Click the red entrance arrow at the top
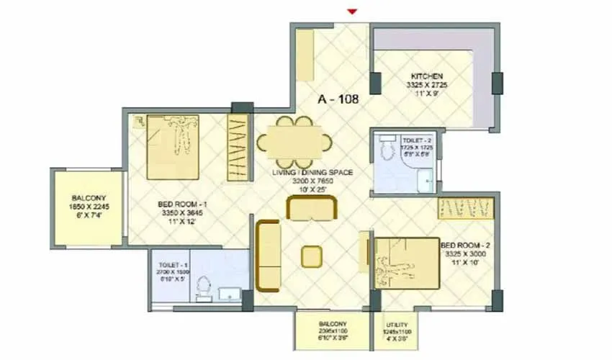click(x=352, y=11)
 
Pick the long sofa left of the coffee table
click(x=267, y=255)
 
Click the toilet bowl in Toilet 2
click(x=387, y=149)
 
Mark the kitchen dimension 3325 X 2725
click(x=426, y=84)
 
